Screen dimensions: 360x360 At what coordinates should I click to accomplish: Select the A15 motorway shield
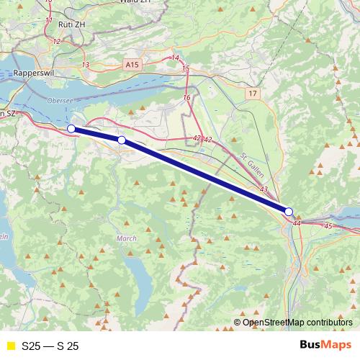(x=131, y=65)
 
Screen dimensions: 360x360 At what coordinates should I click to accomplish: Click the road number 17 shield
(x=251, y=94)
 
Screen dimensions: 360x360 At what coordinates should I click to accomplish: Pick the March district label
(x=125, y=238)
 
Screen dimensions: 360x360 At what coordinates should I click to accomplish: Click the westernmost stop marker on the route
(x=71, y=128)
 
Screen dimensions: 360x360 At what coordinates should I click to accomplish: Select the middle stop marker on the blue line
(x=122, y=140)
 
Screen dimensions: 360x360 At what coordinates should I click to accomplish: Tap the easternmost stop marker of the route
(x=289, y=212)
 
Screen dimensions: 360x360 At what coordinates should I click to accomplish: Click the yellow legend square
(x=10, y=346)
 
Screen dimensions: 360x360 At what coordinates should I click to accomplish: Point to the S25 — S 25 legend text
(x=50, y=346)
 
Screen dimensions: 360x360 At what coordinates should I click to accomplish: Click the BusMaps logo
(x=325, y=345)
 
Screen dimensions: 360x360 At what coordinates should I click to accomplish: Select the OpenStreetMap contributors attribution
(x=297, y=322)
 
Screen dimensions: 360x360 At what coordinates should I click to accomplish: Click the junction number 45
(x=328, y=226)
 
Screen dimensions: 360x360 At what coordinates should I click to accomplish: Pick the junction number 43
(x=264, y=189)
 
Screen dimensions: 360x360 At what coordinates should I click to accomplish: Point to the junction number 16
(x=186, y=97)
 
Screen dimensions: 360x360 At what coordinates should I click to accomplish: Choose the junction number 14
(x=175, y=58)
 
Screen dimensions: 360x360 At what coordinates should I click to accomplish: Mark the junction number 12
(x=56, y=41)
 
